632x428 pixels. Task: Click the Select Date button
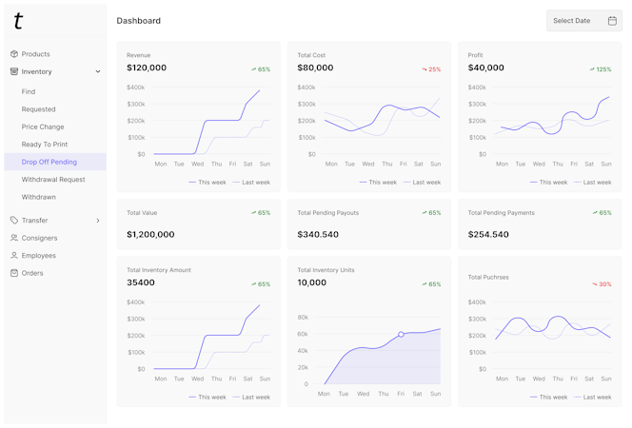point(583,21)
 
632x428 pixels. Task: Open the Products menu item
point(36,54)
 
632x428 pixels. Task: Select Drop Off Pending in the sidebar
point(49,162)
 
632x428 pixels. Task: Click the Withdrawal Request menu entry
point(53,179)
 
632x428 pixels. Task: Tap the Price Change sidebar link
point(43,126)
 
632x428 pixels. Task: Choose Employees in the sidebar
point(39,256)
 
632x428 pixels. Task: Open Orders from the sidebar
point(32,273)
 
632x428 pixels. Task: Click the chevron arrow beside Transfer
point(98,221)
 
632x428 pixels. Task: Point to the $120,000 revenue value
point(147,68)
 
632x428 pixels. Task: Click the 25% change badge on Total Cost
point(432,69)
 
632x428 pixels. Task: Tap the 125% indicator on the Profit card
point(601,69)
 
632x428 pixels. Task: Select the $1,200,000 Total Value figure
point(150,234)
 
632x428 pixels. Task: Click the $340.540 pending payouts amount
point(318,234)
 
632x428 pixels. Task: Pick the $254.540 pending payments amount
point(488,234)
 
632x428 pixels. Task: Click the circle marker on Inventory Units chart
point(401,335)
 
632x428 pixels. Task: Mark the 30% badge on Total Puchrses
point(602,284)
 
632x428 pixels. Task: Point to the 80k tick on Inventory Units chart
point(303,318)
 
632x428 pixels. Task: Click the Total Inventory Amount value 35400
point(141,282)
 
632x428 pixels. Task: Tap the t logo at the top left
point(18,21)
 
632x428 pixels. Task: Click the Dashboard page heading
point(138,21)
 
